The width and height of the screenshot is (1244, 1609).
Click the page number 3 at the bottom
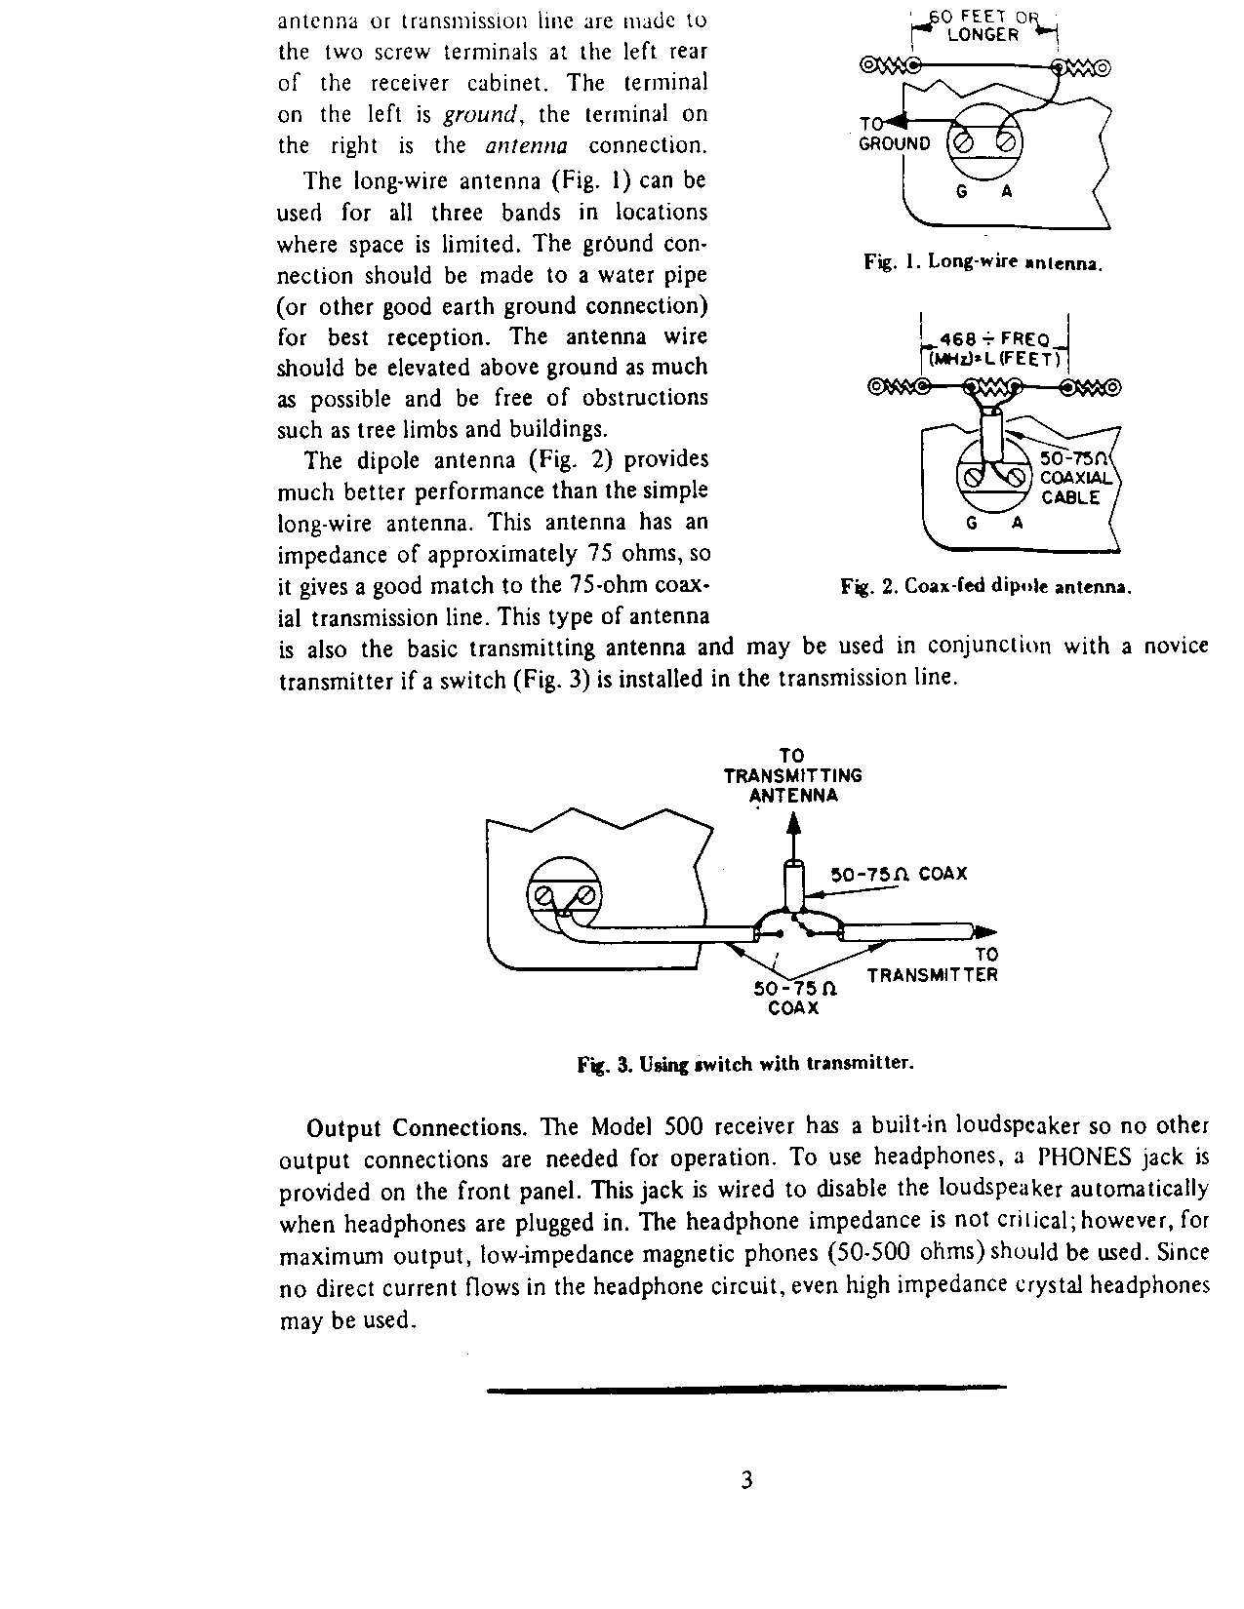point(746,1481)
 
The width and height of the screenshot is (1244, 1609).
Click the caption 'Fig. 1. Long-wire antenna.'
point(983,262)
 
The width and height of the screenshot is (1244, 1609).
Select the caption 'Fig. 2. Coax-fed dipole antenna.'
point(985,587)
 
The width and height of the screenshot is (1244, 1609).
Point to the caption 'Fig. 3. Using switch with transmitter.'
point(746,1064)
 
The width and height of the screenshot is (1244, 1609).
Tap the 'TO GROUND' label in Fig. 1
point(893,134)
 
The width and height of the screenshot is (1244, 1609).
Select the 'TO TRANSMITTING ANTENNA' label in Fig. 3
point(792,775)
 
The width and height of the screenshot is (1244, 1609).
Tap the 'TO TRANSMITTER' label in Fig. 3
point(934,965)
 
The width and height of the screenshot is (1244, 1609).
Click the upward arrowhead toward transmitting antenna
point(793,827)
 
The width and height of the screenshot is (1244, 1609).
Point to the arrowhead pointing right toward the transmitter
point(987,930)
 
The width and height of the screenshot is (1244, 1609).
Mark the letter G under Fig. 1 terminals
point(961,192)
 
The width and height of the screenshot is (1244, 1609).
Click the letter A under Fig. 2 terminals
point(1017,523)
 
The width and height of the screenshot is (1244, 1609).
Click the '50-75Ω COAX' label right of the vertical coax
point(898,874)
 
